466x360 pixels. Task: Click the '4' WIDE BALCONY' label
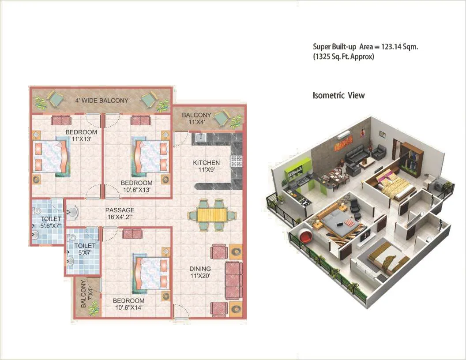(102, 101)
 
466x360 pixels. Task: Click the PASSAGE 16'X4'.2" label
(120, 214)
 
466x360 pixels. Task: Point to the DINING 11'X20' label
(200, 272)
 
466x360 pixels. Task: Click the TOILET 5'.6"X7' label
(49, 222)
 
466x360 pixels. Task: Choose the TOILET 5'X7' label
(84, 249)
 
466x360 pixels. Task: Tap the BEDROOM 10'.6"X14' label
(129, 304)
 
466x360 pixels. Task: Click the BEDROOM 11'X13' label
(81, 135)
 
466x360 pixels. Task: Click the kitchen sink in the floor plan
(201, 138)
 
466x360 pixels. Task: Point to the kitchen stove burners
(237, 161)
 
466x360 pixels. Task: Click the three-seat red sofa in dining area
(233, 280)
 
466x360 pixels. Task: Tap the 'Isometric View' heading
(338, 95)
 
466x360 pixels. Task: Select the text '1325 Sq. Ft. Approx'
(344, 56)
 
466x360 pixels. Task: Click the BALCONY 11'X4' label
(196, 119)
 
